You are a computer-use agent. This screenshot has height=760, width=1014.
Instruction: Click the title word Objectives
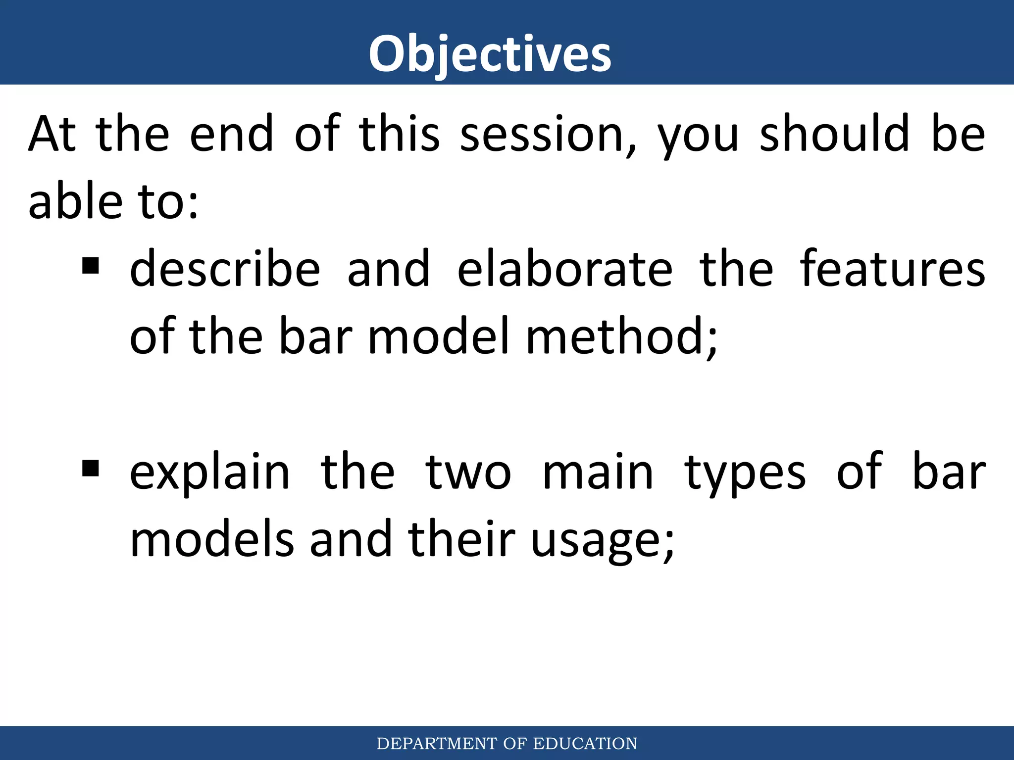(x=490, y=54)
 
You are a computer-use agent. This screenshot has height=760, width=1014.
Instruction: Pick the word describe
(x=225, y=270)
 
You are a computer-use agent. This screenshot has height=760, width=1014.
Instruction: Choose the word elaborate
(x=564, y=270)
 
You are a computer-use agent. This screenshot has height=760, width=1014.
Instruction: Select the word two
(x=468, y=474)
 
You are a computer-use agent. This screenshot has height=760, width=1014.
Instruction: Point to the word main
(x=598, y=474)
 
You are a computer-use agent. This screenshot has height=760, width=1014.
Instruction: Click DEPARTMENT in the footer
(x=437, y=744)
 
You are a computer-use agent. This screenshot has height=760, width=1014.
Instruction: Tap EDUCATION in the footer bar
(x=585, y=744)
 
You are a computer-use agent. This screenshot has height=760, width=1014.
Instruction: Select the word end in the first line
(x=232, y=134)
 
